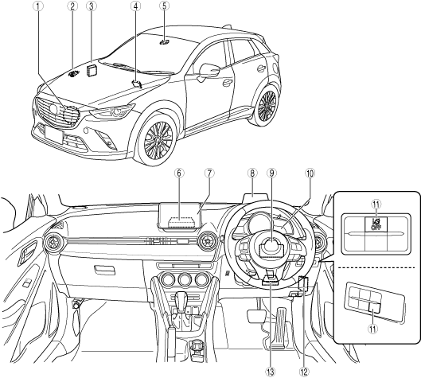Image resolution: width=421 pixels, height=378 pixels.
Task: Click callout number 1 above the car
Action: (38, 6)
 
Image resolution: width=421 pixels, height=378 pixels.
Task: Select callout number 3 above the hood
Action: (92, 6)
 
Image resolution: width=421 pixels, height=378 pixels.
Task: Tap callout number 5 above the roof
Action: (164, 6)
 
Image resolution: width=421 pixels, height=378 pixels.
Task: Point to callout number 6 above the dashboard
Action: (179, 173)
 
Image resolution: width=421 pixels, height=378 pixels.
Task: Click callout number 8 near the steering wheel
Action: (252, 173)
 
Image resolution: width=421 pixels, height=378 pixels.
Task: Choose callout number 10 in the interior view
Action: (310, 173)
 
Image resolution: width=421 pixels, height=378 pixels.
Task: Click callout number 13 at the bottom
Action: (270, 372)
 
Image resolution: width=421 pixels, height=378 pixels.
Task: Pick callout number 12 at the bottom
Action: (304, 372)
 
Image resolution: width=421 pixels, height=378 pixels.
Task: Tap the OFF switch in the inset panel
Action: (376, 224)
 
